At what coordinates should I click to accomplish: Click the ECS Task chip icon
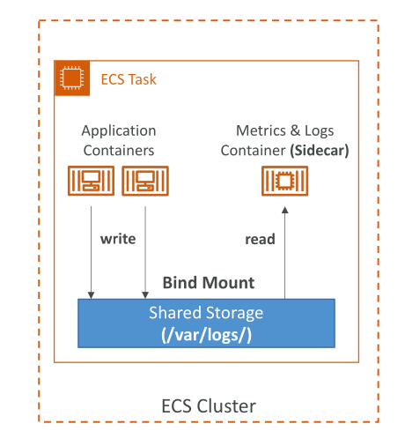[72, 78]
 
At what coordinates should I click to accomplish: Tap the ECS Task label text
[129, 79]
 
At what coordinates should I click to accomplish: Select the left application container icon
[91, 181]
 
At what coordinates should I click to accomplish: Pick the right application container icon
[145, 181]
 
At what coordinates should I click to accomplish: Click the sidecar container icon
[284, 181]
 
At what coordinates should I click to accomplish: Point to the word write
[118, 239]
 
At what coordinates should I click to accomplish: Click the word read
[260, 239]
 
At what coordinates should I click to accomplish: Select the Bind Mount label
[209, 283]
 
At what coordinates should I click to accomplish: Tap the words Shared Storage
[206, 313]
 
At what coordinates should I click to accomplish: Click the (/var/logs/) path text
[206, 335]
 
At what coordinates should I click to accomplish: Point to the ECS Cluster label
[209, 406]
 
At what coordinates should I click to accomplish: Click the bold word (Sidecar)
[320, 151]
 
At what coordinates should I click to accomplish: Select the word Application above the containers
[119, 131]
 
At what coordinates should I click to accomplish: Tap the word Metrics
[261, 130]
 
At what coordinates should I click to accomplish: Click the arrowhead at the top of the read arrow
[284, 210]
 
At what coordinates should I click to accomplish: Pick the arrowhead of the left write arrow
[91, 295]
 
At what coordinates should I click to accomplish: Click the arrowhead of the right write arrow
[145, 295]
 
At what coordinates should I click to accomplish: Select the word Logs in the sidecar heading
[319, 131]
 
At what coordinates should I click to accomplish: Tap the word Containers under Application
[119, 151]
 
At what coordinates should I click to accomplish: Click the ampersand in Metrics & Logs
[296, 130]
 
